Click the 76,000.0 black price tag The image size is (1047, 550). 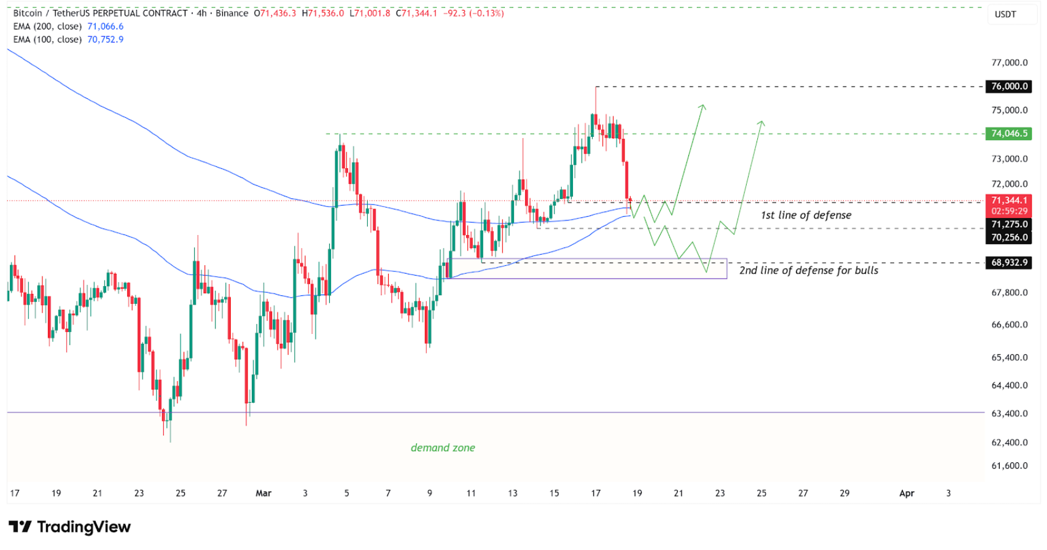1009,87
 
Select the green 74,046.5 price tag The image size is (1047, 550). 1009,134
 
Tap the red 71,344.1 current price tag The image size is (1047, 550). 1009,200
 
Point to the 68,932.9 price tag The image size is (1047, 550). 1009,263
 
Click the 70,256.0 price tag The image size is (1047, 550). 1009,238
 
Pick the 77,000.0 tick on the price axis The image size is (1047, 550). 1009,63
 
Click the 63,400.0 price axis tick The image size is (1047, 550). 1009,414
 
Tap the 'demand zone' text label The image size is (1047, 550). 443,448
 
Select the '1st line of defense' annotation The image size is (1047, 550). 806,215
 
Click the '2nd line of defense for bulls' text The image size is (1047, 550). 808,271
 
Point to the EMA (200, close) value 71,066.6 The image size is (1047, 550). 106,26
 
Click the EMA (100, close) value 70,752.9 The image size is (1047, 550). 106,39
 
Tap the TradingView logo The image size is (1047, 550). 70,527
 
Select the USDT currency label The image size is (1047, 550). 1005,14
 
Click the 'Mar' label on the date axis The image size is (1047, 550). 263,493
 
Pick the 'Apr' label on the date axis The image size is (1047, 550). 906,493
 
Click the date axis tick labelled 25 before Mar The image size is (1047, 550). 181,493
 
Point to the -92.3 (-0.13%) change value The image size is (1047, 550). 473,13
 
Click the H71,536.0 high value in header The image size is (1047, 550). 323,13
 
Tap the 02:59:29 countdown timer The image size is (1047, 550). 1009,211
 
